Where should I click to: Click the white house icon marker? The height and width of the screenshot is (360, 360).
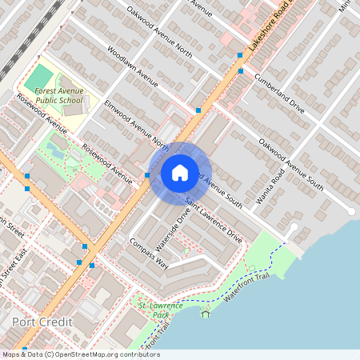point(180,172)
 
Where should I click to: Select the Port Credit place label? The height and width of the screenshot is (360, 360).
point(42,322)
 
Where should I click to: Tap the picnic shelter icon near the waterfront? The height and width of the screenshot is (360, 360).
point(206,312)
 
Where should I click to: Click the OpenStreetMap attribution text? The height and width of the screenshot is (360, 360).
point(80,354)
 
